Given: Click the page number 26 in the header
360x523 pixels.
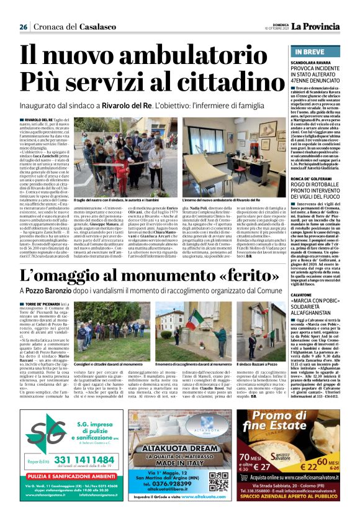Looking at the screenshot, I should pos(23,27).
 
